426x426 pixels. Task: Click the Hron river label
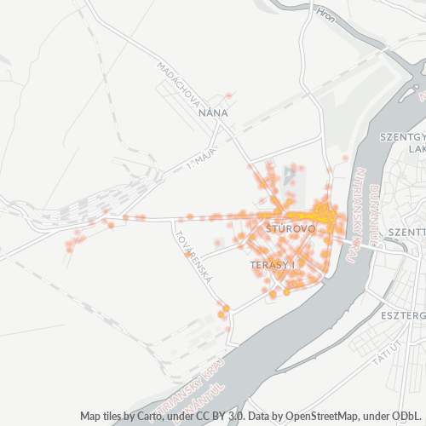[325, 14]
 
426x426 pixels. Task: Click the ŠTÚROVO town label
[291, 229]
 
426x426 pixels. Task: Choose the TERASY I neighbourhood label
[273, 266]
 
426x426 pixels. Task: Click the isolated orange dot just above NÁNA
[228, 95]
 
